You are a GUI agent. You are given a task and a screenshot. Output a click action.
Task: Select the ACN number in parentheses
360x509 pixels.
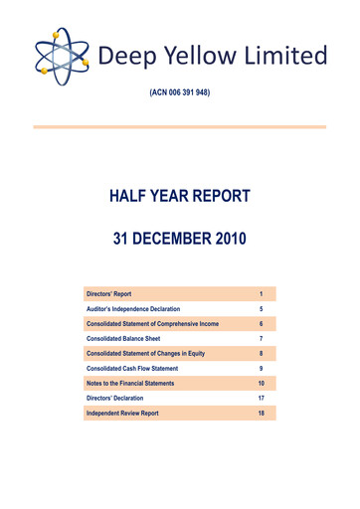[180, 92]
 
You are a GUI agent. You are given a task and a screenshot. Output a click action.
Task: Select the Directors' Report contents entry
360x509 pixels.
[109, 294]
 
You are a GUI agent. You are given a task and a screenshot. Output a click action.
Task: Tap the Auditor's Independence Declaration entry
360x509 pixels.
[138, 309]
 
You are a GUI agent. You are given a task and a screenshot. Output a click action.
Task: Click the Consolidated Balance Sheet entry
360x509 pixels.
[126, 339]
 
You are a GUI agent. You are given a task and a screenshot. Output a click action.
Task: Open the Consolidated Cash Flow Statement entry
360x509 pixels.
[138, 368]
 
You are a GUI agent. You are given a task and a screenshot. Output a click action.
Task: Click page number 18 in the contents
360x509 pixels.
[260, 412]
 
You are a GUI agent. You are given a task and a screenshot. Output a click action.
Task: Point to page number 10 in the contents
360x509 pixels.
[260, 383]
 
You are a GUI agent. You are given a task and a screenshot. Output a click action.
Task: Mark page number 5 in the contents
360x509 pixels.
[260, 309]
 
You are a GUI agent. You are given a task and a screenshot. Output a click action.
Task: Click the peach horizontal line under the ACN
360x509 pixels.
[180, 126]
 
